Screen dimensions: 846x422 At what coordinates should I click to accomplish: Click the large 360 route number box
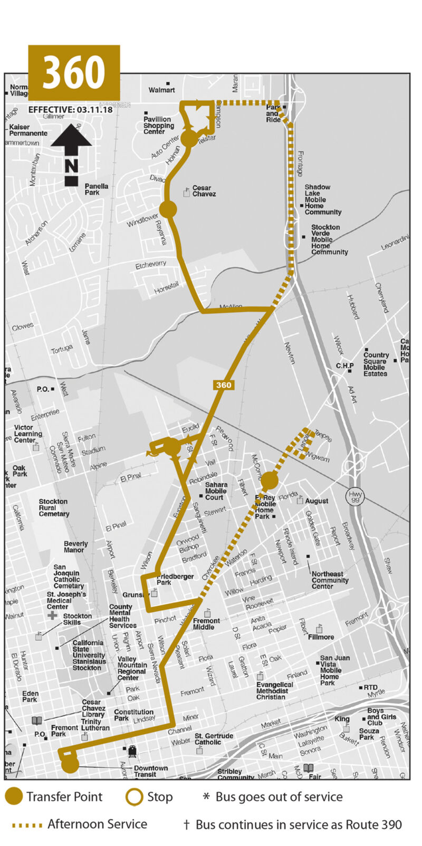[x=74, y=72]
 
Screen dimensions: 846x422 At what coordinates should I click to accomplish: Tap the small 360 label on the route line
[x=223, y=385]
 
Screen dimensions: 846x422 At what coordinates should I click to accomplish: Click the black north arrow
[x=71, y=156]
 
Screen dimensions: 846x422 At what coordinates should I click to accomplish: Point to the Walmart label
[x=161, y=90]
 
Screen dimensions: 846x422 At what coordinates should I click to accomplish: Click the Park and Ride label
[x=273, y=113]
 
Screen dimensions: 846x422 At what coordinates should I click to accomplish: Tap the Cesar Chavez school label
[x=204, y=191]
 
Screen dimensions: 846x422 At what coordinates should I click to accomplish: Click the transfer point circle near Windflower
[x=168, y=209]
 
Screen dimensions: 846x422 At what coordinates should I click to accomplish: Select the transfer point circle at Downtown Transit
[x=70, y=765]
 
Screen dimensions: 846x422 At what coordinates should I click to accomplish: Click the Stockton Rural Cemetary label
[x=54, y=507]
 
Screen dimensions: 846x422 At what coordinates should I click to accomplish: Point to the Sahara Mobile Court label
[x=216, y=491]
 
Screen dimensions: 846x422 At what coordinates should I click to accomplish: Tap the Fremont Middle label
[x=206, y=624]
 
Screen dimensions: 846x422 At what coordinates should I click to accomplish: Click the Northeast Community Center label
[x=330, y=580]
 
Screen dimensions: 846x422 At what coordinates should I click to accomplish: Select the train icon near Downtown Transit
[x=132, y=751]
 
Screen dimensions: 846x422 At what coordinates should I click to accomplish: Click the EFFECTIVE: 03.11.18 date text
[x=70, y=110]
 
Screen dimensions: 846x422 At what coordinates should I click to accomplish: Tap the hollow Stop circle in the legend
[x=134, y=797]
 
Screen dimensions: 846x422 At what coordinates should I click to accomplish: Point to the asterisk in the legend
[x=206, y=796]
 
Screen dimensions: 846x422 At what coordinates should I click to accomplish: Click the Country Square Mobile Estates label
[x=376, y=364]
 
